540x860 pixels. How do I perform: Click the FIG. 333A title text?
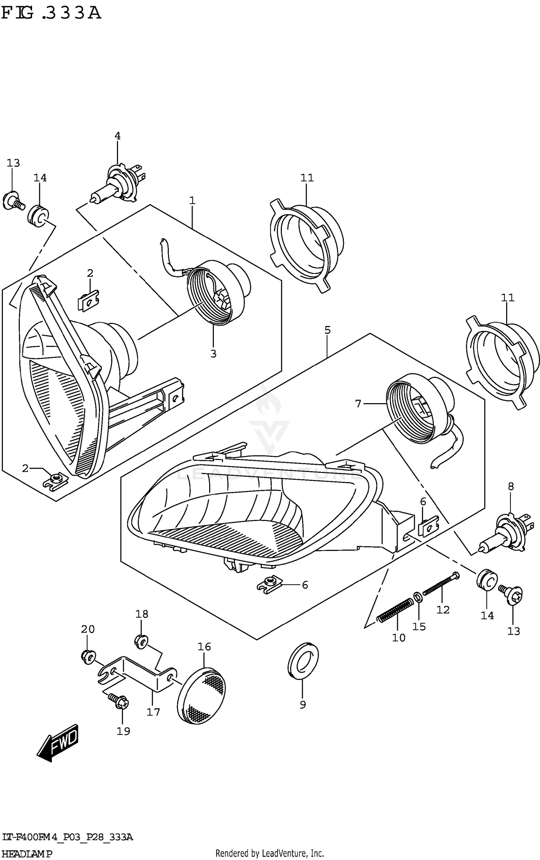click(x=51, y=14)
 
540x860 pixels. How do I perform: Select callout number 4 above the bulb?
click(x=117, y=136)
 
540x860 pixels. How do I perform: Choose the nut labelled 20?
click(x=87, y=656)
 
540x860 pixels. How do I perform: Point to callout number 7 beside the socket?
click(x=358, y=404)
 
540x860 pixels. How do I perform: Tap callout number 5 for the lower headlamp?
click(x=327, y=330)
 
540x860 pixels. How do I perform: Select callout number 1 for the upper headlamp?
click(x=192, y=201)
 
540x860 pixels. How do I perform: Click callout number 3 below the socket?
click(x=213, y=354)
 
